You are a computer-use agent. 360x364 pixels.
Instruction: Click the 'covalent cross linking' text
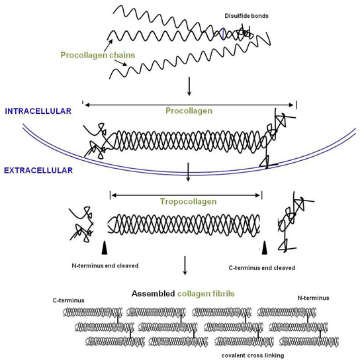[x=257, y=356]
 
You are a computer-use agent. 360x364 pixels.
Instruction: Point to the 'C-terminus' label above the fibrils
[x=69, y=299]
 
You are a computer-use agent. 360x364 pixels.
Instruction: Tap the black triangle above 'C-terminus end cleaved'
[x=264, y=247]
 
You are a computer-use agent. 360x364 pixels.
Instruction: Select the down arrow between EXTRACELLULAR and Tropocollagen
[x=189, y=174]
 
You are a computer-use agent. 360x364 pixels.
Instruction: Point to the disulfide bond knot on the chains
[x=244, y=32]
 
